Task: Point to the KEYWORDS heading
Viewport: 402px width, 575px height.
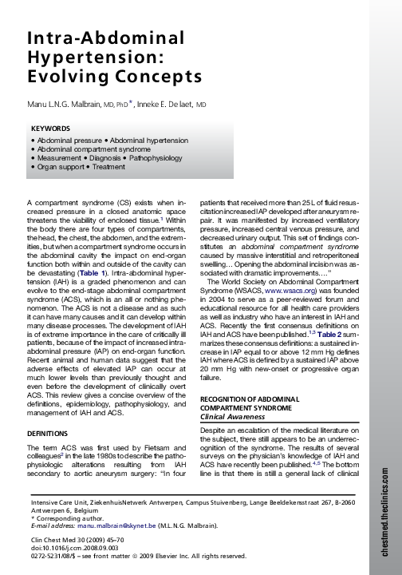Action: (x=50, y=129)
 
